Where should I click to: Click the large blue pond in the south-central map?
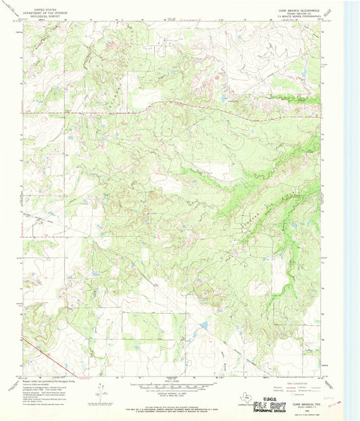(203, 327)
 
